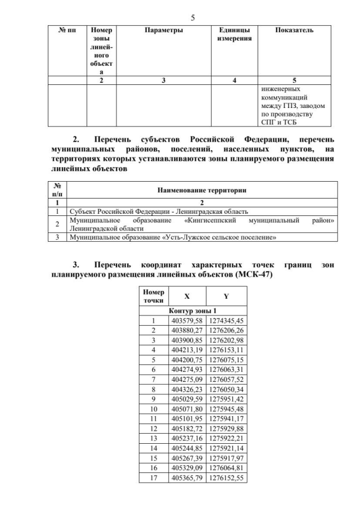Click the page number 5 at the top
(193, 17)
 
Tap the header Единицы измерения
(235, 34)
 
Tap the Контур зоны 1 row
(192, 310)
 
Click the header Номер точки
(153, 296)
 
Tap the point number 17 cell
(153, 478)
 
